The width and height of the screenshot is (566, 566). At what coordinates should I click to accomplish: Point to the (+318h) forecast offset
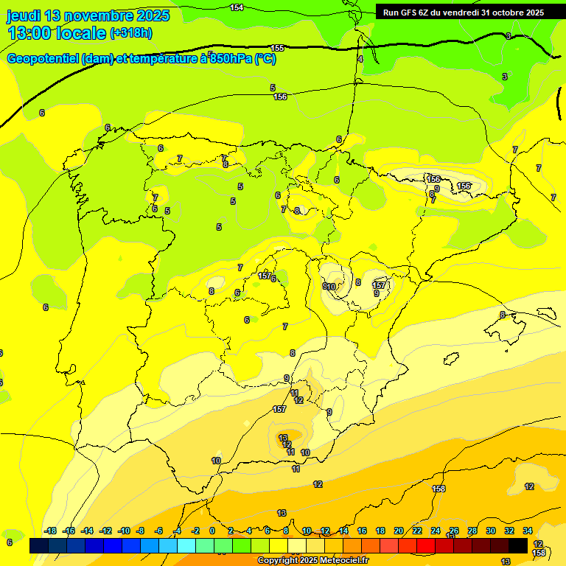pos(131,33)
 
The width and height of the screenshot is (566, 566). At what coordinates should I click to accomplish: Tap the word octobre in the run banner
pos(501,12)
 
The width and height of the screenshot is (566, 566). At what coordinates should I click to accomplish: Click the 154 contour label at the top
pos(237,7)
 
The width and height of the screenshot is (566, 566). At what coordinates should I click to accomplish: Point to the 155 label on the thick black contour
pos(277,48)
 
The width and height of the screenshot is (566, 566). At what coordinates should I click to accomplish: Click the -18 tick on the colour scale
pos(50,531)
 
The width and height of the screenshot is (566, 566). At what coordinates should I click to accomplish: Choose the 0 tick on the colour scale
pos(212,531)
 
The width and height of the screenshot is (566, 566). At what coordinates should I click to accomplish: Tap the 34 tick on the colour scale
pos(528,531)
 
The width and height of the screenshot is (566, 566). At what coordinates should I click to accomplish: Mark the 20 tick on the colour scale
pos(399,531)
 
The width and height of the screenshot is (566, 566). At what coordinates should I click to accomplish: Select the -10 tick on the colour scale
pos(124,531)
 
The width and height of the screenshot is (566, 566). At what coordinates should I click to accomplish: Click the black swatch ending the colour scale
pos(518,545)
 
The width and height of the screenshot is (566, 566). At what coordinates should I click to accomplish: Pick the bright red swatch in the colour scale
pos(425,545)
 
